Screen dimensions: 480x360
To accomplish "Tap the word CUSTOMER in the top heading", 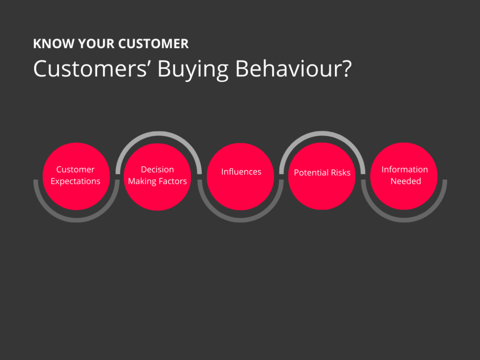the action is point(153,44).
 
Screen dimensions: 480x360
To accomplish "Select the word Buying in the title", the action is point(193,69).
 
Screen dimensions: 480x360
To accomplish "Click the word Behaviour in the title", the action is point(287,68).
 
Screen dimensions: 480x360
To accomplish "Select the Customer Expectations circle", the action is point(76,176).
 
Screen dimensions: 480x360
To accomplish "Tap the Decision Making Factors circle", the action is point(157,177).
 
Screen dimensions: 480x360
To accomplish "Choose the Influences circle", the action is point(240,176).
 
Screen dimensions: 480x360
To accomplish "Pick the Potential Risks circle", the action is point(322,176).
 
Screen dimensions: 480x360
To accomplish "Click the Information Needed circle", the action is point(404,176).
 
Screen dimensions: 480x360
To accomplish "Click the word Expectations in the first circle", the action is point(75,181).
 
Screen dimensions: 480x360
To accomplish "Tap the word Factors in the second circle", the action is point(172,181).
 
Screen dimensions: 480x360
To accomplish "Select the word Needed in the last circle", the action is point(405,181).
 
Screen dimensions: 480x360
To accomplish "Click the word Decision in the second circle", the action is point(157,170).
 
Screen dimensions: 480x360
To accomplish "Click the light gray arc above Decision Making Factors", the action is point(158,133).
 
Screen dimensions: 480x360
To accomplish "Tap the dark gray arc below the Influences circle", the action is point(240,220).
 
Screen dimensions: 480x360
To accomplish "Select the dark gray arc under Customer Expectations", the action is point(76,220).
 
